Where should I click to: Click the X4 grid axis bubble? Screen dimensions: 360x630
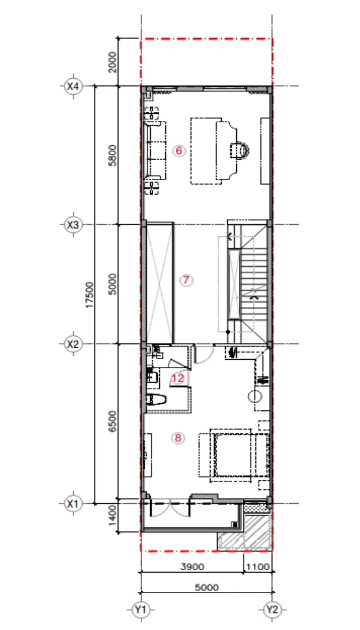[x=73, y=86]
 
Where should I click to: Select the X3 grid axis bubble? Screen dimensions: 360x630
[x=73, y=225]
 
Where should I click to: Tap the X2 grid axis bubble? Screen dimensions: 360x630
[x=73, y=344]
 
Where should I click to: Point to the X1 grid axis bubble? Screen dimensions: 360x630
[x=73, y=503]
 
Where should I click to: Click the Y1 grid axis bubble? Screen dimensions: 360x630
[x=141, y=610]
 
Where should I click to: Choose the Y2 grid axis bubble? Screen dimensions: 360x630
[x=272, y=610]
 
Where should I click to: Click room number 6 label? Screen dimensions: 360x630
[x=179, y=151]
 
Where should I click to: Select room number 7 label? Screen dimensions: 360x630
[x=186, y=280]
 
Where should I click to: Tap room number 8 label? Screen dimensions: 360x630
[x=178, y=438]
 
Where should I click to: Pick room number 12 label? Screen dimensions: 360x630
[x=178, y=378]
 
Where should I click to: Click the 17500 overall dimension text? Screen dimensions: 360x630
[x=90, y=295]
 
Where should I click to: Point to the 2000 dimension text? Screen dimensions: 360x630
[x=113, y=62]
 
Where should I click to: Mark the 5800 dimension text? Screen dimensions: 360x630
[x=113, y=155]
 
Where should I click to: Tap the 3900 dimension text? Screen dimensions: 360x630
[x=192, y=567]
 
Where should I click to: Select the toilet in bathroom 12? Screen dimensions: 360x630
[x=156, y=400]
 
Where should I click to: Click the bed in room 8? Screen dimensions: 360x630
[x=233, y=456]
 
